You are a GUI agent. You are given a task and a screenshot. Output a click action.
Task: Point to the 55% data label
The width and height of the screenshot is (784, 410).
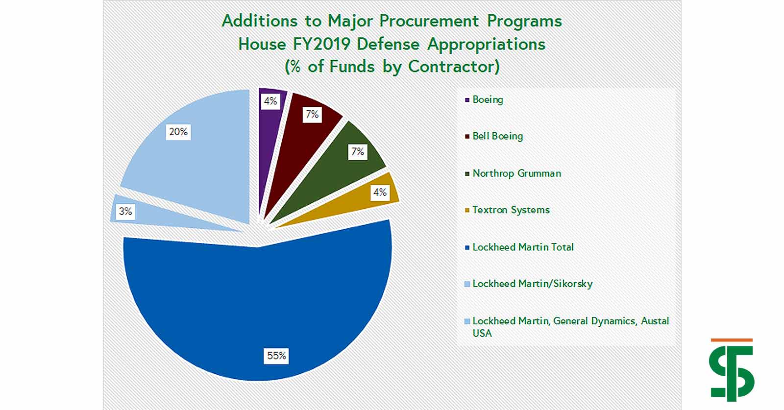point(276,356)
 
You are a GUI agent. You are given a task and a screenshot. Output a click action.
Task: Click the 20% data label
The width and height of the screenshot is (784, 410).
point(178,132)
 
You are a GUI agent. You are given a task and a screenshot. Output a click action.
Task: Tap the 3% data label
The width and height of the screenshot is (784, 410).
point(125,211)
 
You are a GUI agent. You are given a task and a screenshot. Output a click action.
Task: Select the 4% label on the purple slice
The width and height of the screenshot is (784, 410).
point(270,101)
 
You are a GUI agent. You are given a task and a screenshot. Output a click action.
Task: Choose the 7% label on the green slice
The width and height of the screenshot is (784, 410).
point(358,151)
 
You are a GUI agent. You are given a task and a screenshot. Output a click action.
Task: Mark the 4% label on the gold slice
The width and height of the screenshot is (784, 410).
point(380,192)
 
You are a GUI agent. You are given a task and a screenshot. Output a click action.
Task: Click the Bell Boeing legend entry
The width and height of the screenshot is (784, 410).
point(494,136)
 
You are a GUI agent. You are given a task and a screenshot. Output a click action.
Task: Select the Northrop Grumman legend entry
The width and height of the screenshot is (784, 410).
point(513,173)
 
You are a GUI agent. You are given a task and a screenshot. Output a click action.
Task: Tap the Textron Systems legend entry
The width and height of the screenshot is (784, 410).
point(507,210)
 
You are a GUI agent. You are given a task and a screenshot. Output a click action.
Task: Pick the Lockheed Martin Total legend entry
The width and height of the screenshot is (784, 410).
point(519,247)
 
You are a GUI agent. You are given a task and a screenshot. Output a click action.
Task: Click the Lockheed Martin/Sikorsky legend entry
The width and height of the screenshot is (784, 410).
point(529,284)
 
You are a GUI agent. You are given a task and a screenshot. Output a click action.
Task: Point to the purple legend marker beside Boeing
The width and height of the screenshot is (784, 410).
point(467,100)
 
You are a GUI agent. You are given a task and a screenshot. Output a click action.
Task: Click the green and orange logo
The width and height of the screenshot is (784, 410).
point(732,370)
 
